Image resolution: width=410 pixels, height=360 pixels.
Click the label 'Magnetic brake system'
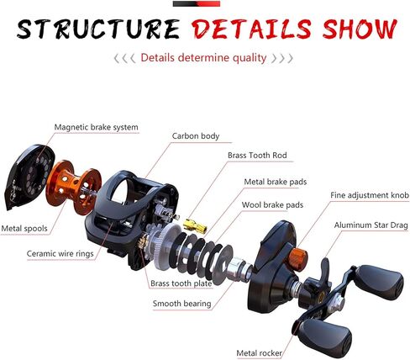tap(96, 127)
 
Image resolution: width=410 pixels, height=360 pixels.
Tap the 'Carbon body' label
tap(196, 136)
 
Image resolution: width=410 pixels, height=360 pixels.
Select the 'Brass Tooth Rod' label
tap(257, 156)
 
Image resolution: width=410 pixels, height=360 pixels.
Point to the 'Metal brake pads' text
tap(276, 182)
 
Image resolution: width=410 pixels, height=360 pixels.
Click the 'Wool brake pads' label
tap(272, 205)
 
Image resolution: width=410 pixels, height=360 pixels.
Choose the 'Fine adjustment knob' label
tap(370, 195)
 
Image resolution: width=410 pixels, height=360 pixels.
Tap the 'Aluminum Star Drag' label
tap(371, 225)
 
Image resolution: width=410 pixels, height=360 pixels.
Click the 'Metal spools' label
tap(24, 229)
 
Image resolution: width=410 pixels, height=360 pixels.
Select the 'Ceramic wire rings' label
tap(60, 254)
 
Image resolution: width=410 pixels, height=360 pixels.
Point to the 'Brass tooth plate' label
tap(181, 283)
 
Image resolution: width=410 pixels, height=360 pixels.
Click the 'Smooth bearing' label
tap(181, 304)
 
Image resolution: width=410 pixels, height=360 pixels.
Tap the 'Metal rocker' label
tap(259, 353)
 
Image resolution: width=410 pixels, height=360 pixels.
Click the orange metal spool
tap(73, 187)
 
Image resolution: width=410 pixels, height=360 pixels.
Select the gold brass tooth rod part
tap(195, 225)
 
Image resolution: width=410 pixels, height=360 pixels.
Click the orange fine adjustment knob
tap(298, 259)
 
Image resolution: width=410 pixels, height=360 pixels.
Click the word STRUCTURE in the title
tap(98, 29)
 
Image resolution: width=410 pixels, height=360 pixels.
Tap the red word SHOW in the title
tap(360, 29)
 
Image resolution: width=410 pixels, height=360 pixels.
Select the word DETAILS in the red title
tap(251, 29)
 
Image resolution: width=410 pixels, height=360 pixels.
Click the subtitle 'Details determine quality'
tap(203, 58)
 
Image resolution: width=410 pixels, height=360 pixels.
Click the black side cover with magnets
tap(29, 177)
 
